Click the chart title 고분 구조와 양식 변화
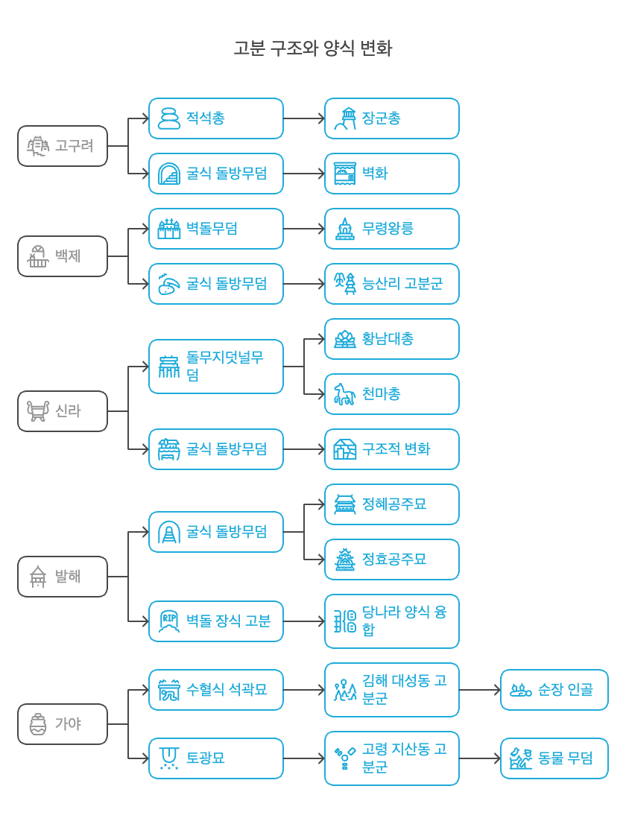point(313,49)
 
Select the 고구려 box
point(63,146)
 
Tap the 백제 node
point(63,256)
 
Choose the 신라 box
point(63,411)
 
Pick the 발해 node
point(63,577)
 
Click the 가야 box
point(63,724)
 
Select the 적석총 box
point(216,118)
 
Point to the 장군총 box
point(392,118)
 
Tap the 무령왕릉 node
point(392,229)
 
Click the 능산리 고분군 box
point(392,284)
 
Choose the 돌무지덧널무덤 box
point(216,367)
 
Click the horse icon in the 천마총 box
point(344,395)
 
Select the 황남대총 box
point(392,339)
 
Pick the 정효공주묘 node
point(392,560)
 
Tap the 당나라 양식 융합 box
point(392,621)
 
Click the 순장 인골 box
point(554,690)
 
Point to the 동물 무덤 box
point(554,758)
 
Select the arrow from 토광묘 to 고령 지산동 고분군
point(304,758)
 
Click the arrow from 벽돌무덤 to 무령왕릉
point(304,229)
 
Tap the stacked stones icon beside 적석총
point(169,118)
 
